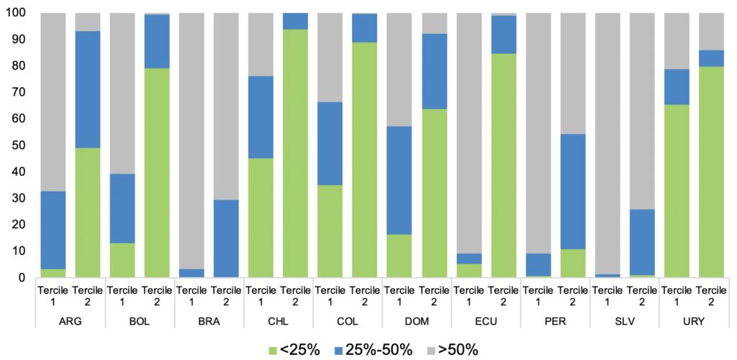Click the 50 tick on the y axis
(x=18, y=145)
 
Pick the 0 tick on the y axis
(x=22, y=278)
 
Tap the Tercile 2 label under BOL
(x=158, y=295)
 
